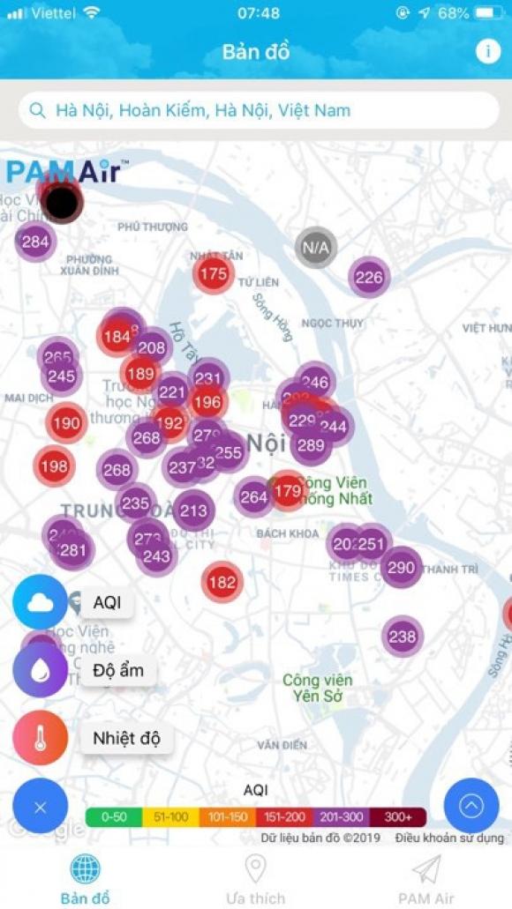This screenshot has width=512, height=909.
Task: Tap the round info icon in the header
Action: [487, 51]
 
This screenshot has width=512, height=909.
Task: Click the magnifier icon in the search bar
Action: [37, 110]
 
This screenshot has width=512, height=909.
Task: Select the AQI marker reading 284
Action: [35, 242]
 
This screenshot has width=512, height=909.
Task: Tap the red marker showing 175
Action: [214, 273]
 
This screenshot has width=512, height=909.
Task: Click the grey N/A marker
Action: [316, 248]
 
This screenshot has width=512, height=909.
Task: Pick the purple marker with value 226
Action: [369, 278]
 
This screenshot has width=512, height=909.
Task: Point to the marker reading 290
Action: [401, 567]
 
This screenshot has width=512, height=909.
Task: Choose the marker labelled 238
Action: [403, 636]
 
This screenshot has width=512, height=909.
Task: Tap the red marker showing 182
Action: [222, 582]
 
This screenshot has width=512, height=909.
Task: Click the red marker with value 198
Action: [54, 466]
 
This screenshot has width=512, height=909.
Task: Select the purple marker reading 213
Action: [193, 510]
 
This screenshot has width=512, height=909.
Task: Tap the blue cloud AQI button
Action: [41, 602]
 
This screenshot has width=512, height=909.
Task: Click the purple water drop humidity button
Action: [41, 670]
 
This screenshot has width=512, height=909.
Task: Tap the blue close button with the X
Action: [41, 807]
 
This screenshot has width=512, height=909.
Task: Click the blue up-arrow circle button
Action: [471, 806]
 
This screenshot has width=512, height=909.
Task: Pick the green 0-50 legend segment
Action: [114, 817]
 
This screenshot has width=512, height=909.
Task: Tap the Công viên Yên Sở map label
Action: [317, 688]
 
